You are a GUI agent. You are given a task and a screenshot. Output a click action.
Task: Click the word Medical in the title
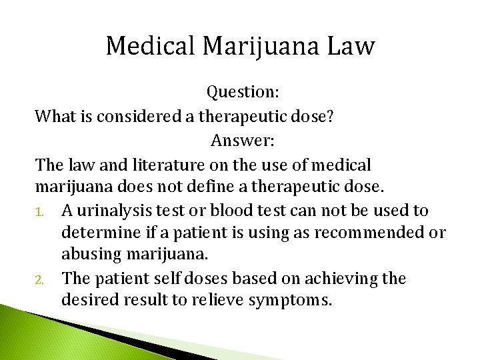151,46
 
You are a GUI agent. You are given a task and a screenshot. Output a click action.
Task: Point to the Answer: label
243,141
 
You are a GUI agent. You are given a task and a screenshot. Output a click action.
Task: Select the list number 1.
40,212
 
